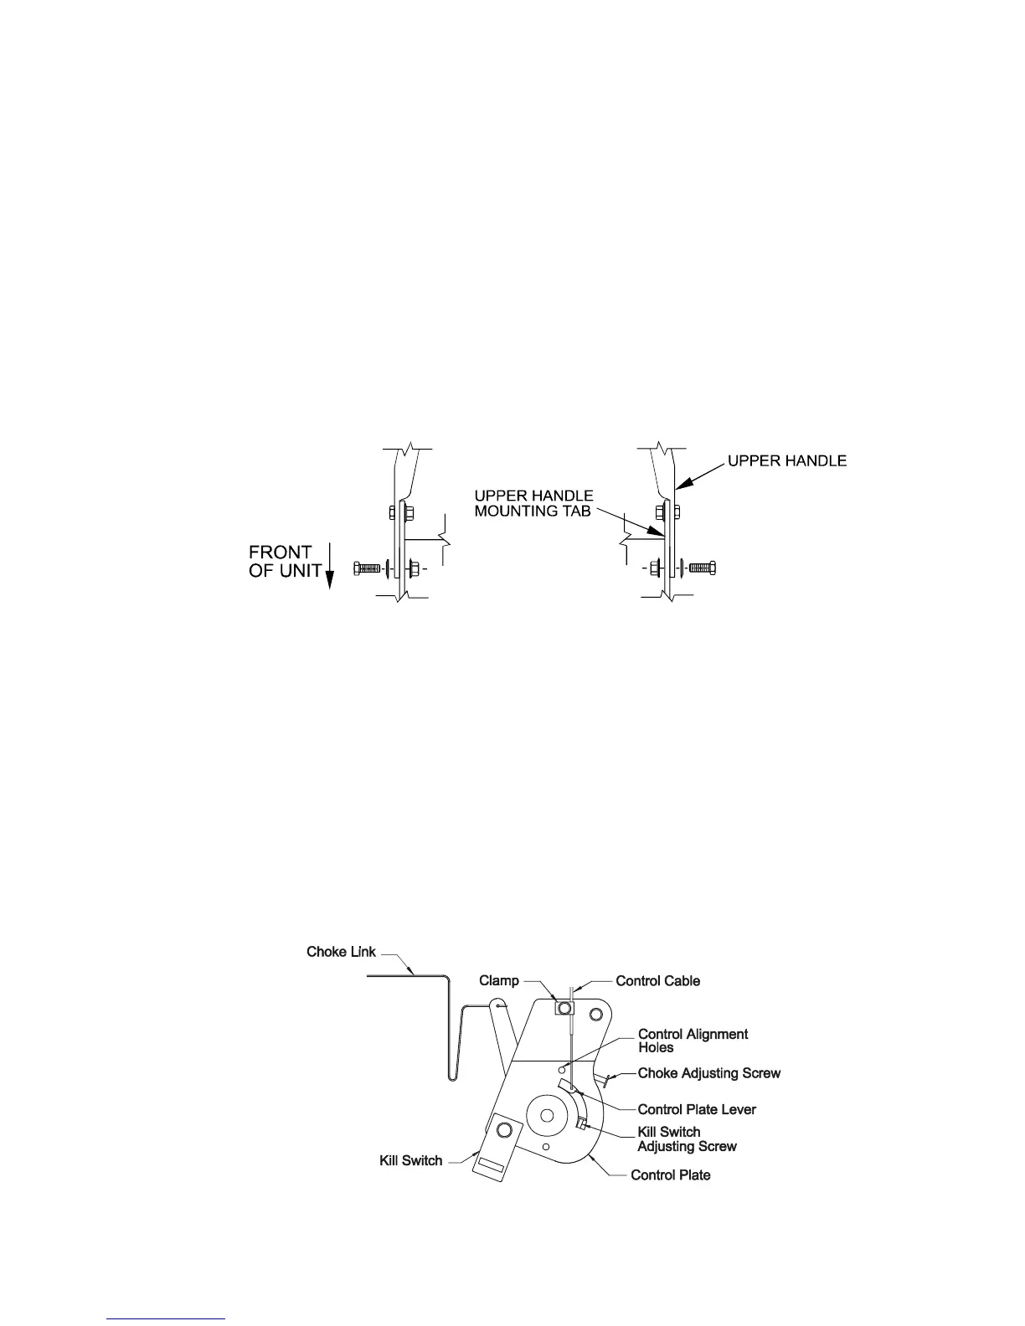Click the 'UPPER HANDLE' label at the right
pyautogui.click(x=786, y=460)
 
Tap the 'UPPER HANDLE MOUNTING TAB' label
pyautogui.click(x=533, y=502)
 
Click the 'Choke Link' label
pyautogui.click(x=341, y=952)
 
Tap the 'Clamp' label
pyautogui.click(x=499, y=980)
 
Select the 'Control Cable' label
pyautogui.click(x=657, y=980)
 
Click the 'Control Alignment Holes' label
pyautogui.click(x=693, y=1041)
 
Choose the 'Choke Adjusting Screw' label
pyautogui.click(x=708, y=1073)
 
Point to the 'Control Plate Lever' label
pyautogui.click(x=697, y=1109)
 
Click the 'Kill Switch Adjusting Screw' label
pyautogui.click(x=687, y=1138)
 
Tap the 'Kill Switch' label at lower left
pyautogui.click(x=410, y=1161)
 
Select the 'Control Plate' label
pyautogui.click(x=670, y=1175)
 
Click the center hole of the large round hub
pyautogui.click(x=547, y=1115)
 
